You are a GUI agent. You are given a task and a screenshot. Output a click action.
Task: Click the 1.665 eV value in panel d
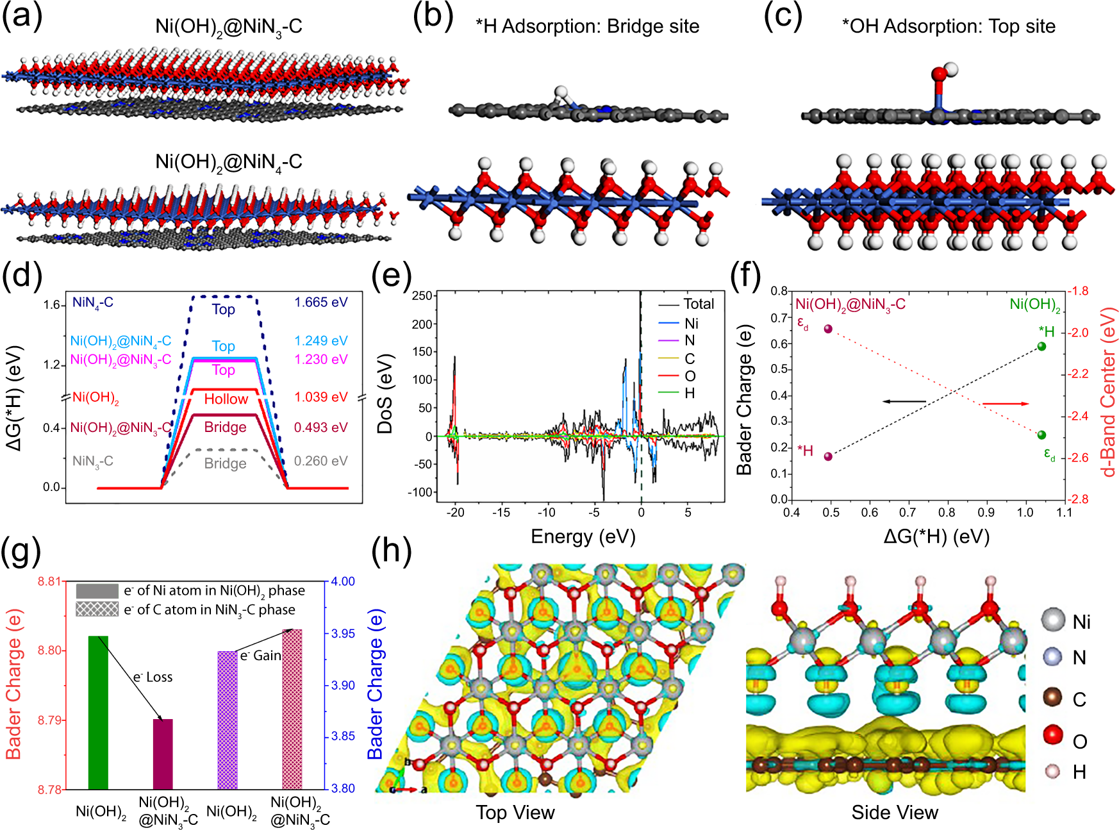click(x=320, y=302)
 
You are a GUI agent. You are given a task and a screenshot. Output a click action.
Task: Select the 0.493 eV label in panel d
click(x=320, y=427)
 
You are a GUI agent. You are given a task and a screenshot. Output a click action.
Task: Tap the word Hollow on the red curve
click(x=226, y=399)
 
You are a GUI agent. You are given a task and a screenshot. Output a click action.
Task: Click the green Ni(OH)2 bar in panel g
click(x=98, y=711)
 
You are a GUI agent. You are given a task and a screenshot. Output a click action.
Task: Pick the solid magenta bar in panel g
click(x=163, y=754)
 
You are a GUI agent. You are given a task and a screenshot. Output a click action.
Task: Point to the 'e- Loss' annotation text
click(x=153, y=677)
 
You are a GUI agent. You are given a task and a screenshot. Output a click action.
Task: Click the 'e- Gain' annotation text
click(x=260, y=656)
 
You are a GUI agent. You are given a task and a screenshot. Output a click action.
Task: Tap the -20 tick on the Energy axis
click(x=455, y=512)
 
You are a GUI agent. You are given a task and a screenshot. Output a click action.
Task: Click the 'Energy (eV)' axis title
click(x=583, y=536)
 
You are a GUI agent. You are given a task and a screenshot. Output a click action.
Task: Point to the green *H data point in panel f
click(x=1041, y=346)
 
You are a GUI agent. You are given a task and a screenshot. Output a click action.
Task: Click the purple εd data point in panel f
click(x=828, y=329)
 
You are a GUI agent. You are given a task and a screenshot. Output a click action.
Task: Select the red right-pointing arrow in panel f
click(x=1006, y=403)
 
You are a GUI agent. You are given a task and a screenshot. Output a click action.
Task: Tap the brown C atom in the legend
click(x=1052, y=697)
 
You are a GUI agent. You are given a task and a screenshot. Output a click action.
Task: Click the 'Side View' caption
click(x=894, y=812)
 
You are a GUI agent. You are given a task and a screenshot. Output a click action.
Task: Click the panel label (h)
click(x=391, y=550)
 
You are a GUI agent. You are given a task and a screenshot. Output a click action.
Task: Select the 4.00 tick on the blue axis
click(x=343, y=581)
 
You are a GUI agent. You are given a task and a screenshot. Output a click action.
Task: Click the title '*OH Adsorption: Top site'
click(x=948, y=26)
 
